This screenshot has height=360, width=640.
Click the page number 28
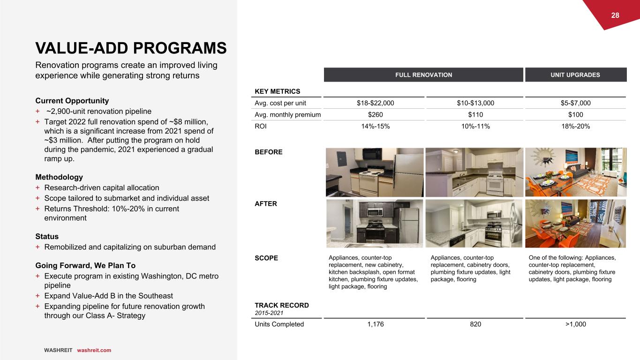tap(615, 15)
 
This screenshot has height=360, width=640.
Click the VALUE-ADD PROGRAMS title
tap(131, 47)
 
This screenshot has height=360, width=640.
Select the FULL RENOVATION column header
tap(423, 75)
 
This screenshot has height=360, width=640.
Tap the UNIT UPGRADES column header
tap(576, 75)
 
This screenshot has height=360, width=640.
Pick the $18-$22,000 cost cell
tap(374, 103)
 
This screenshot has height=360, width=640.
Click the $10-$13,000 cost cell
tap(474, 103)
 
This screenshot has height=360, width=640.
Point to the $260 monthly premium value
tap(374, 115)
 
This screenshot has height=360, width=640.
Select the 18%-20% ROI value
tap(576, 127)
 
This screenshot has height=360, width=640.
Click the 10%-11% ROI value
tap(474, 127)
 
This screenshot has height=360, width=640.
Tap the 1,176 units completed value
tap(374, 324)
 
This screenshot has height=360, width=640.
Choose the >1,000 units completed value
tap(576, 324)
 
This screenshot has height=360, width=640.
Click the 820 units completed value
tap(474, 324)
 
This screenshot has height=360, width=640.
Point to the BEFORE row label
tap(269, 152)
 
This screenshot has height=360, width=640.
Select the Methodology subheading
tap(59, 177)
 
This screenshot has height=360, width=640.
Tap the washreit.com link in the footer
tap(94, 350)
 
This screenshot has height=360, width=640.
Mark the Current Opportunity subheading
tap(72, 101)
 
